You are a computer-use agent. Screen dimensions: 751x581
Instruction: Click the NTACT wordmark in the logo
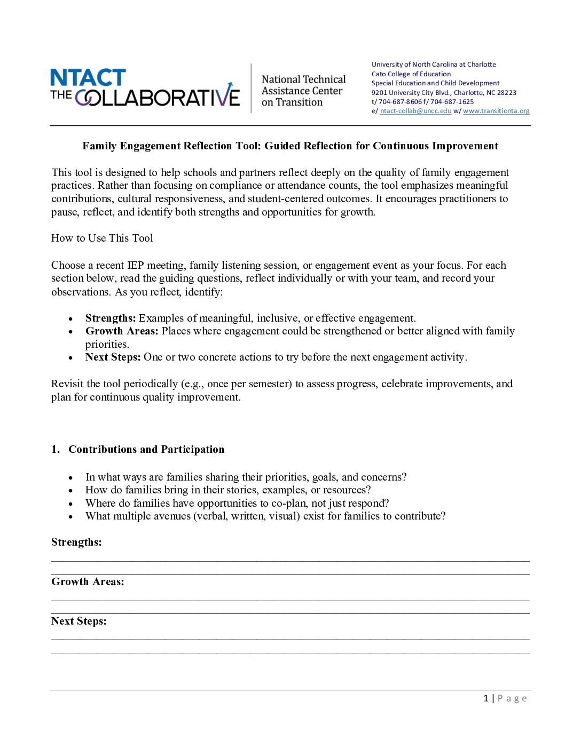click(88, 78)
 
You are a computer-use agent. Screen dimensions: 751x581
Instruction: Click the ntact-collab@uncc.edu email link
click(415, 111)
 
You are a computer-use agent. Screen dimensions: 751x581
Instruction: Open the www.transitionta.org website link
click(496, 111)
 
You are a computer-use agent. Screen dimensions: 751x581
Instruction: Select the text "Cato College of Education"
click(411, 74)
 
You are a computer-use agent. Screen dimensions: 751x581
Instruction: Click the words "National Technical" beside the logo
click(303, 79)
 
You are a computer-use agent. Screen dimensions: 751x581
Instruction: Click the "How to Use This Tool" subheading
click(102, 238)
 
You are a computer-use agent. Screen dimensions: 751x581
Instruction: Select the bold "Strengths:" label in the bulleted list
click(111, 318)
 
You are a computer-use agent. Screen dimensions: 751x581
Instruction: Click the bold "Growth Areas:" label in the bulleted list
click(122, 331)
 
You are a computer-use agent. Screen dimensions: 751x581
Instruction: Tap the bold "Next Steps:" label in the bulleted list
click(113, 357)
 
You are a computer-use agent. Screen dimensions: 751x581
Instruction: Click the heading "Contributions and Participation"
click(146, 450)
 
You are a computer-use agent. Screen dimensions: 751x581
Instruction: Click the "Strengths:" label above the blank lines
click(76, 542)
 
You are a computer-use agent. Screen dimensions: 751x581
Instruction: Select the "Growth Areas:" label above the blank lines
click(88, 582)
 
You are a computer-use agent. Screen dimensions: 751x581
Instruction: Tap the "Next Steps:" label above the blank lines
click(78, 621)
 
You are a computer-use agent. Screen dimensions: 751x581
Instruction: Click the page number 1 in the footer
click(486, 699)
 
